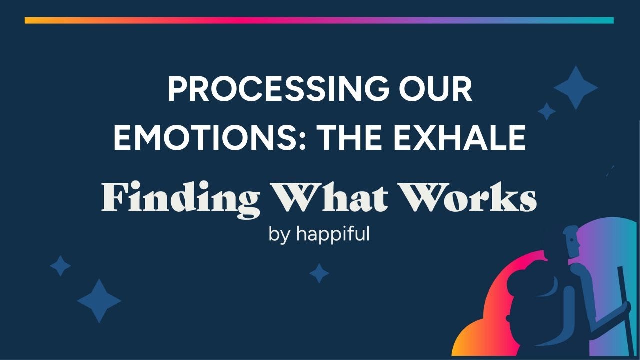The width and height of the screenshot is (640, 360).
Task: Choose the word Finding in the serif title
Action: [180, 198]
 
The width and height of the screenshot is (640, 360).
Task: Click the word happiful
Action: [333, 234]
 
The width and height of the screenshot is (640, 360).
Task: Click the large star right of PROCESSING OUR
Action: [576, 88]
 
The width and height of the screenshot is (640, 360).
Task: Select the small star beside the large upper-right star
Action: [546, 111]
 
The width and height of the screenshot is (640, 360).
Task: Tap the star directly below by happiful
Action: [319, 273]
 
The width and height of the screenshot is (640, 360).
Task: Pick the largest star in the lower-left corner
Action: [99, 300]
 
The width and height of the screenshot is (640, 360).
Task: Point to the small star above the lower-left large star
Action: [60, 266]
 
